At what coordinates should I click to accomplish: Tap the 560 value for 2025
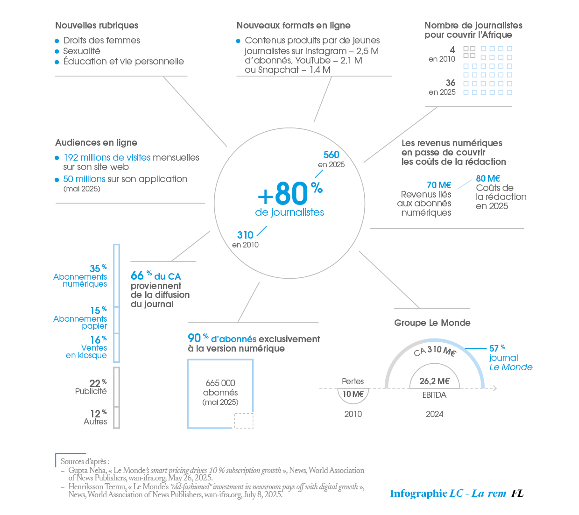331,155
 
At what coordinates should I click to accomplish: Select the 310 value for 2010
245,235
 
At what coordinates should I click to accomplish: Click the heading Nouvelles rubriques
97,26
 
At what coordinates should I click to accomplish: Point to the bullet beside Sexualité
57,51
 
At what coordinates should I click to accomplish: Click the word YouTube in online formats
313,60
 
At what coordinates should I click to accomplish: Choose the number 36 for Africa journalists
450,83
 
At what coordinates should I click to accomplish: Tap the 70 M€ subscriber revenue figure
439,185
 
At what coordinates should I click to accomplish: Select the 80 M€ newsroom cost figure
488,178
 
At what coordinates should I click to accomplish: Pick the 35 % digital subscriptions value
98,268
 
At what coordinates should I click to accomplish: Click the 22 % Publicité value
98,383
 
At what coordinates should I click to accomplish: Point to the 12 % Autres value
98,414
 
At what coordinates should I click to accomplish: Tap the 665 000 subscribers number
220,383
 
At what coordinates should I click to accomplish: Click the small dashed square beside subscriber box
243,420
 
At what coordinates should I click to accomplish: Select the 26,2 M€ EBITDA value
434,381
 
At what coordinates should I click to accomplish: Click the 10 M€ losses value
353,394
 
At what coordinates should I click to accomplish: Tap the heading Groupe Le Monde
432,323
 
